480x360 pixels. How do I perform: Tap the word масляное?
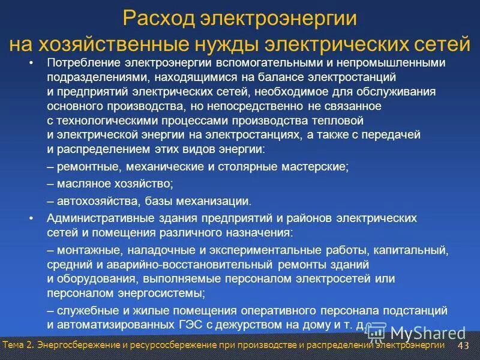click(x=83, y=184)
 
